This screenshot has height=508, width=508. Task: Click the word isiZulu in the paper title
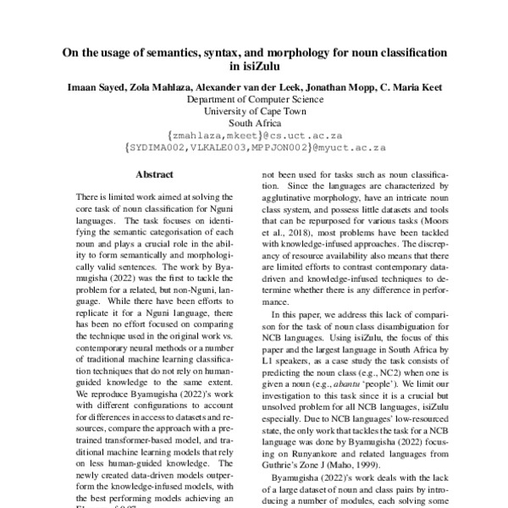coord(254,66)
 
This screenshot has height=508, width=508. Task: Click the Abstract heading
coord(155,174)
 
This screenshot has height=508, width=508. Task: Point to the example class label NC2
coord(400,360)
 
